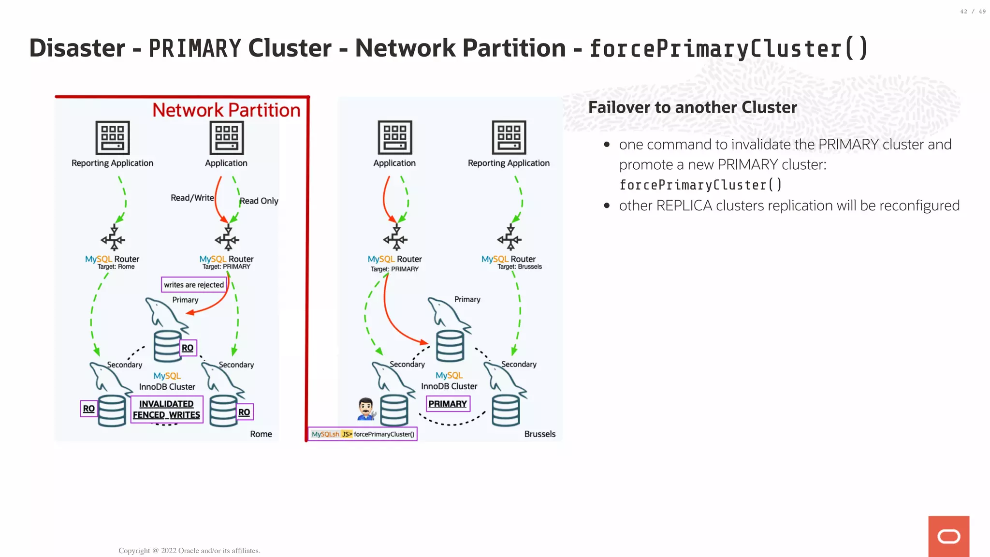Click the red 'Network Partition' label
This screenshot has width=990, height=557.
coord(226,110)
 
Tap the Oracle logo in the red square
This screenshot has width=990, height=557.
coord(948,536)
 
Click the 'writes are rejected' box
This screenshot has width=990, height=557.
coord(194,285)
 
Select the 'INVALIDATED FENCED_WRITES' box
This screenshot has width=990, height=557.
coord(167,409)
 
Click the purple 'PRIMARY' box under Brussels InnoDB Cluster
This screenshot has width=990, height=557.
coord(448,404)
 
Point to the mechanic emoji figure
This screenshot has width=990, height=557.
coord(366,409)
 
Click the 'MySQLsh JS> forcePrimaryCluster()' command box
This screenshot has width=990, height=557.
coord(363,434)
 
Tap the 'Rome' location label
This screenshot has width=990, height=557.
coord(261,434)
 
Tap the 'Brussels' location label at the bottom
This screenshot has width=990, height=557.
coord(539,434)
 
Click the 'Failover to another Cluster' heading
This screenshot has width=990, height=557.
coord(692,107)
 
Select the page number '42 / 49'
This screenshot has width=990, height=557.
coord(973,12)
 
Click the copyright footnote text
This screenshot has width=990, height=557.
coord(189,551)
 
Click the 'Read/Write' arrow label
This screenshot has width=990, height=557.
coord(192,198)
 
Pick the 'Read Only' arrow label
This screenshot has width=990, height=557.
coord(259,201)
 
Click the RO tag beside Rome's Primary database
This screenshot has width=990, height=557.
coord(188,348)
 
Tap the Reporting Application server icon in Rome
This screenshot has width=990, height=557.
coord(113,137)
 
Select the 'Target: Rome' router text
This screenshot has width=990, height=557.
coord(116,267)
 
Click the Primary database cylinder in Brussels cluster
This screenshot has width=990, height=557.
coord(450,346)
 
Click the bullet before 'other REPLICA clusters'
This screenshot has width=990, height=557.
coord(607,205)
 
